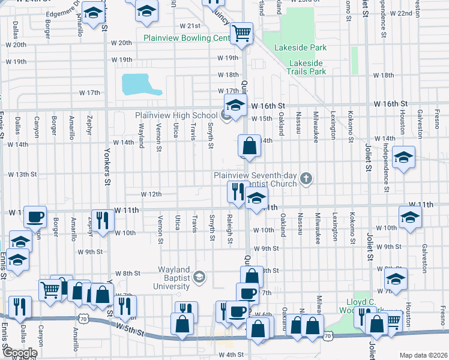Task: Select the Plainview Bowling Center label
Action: (x=187, y=38)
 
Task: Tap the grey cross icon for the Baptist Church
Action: (x=306, y=178)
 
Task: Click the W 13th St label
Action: (x=22, y=175)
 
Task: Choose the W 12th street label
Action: (x=151, y=194)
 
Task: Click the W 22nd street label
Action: (x=400, y=13)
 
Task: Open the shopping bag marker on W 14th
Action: (x=249, y=145)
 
